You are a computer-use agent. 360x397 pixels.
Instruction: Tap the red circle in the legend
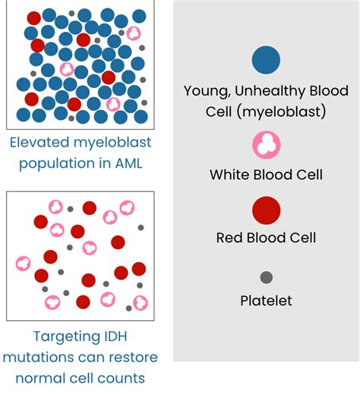(x=266, y=210)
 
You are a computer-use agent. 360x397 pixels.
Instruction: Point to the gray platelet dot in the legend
(x=266, y=277)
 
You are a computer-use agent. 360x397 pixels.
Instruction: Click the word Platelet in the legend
(x=266, y=301)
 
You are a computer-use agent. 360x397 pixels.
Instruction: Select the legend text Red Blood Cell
(x=266, y=238)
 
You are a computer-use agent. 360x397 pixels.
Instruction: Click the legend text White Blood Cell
(x=266, y=175)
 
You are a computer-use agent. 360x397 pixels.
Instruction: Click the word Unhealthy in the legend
(x=270, y=91)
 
